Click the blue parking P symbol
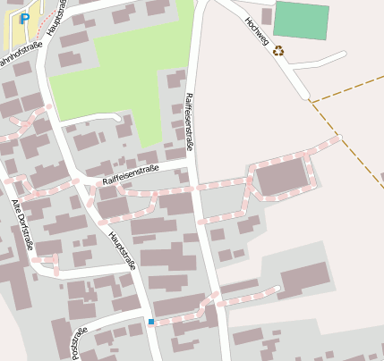(x=25, y=18)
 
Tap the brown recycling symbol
(x=278, y=51)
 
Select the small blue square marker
(x=151, y=322)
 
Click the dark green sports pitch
(x=301, y=20)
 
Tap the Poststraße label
(x=79, y=342)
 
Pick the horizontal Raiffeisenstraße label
(x=130, y=174)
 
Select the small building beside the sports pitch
(x=266, y=15)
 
